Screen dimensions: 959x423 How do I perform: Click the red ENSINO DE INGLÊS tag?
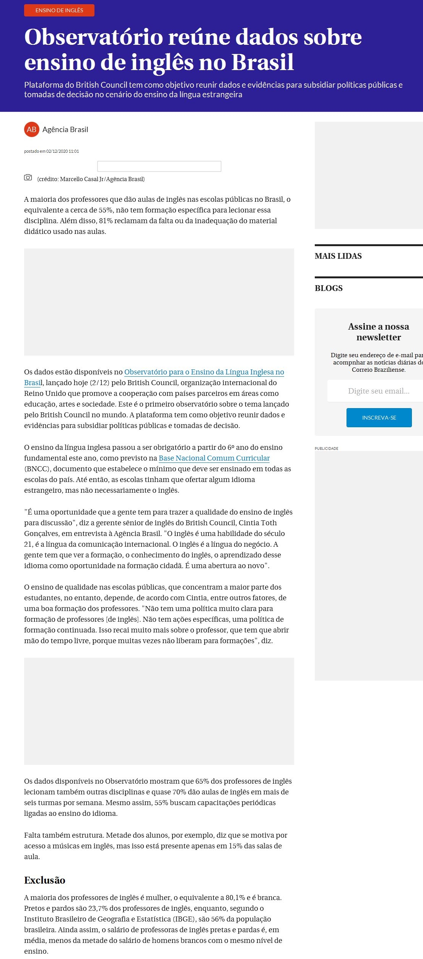[59, 10]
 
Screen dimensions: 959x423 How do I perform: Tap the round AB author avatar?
[31, 129]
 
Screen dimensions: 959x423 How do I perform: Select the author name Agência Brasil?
[65, 129]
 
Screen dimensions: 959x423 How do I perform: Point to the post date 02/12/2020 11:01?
[62, 151]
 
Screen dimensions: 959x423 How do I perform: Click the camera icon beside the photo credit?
[28, 177]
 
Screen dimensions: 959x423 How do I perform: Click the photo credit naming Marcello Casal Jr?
[91, 179]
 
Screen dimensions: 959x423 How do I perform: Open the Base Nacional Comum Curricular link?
[214, 458]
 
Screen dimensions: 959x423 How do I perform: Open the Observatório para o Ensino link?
[204, 372]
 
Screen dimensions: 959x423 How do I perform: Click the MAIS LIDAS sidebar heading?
[338, 256]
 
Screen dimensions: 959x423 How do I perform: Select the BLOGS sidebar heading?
[329, 288]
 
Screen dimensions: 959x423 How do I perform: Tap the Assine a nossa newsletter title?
[378, 332]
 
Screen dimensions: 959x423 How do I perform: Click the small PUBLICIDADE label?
[326, 448]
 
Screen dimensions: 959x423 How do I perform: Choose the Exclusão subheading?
[45, 880]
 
